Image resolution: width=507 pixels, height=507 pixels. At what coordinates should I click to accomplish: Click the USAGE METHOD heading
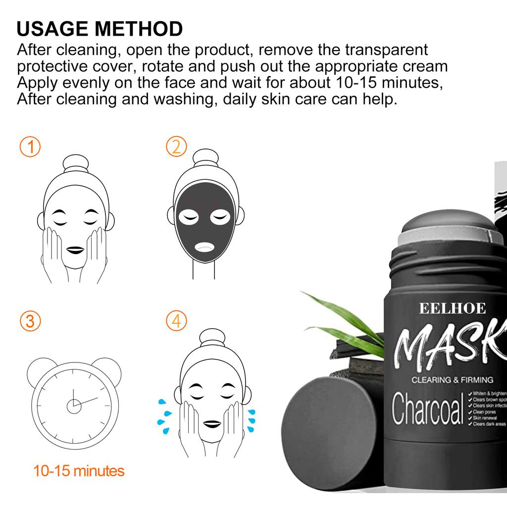100,29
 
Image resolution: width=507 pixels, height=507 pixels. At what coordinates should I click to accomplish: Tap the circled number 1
30,147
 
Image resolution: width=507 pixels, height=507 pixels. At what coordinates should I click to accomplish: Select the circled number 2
176,147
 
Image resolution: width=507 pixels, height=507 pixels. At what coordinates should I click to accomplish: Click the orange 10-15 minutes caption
79,470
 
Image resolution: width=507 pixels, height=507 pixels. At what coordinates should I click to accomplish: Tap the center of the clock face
74,406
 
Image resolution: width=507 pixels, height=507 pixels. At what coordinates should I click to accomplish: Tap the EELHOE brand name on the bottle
453,308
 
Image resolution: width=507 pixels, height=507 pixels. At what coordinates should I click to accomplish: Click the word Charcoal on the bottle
427,410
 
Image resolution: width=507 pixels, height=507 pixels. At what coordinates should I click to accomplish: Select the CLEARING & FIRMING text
453,380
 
